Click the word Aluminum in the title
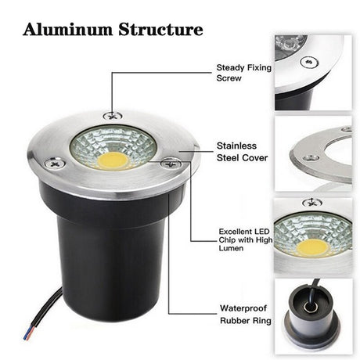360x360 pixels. coord(68,29)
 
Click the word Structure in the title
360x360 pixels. coord(160,29)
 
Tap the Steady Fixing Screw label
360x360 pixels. coord(244,73)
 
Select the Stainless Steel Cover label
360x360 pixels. coord(243,152)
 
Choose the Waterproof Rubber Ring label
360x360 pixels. coord(246,315)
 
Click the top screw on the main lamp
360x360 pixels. coord(113,115)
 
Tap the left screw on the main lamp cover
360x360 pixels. coord(55,164)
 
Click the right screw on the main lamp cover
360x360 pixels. coord(171,164)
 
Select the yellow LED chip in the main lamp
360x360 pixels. coord(113,161)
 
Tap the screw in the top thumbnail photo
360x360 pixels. coord(310,62)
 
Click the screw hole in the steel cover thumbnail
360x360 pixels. coord(311,158)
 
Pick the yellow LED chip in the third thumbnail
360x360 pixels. coord(312,247)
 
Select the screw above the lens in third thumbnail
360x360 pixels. coord(312,203)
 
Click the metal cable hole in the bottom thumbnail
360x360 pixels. coord(311,307)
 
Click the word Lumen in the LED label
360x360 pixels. coord(231,248)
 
